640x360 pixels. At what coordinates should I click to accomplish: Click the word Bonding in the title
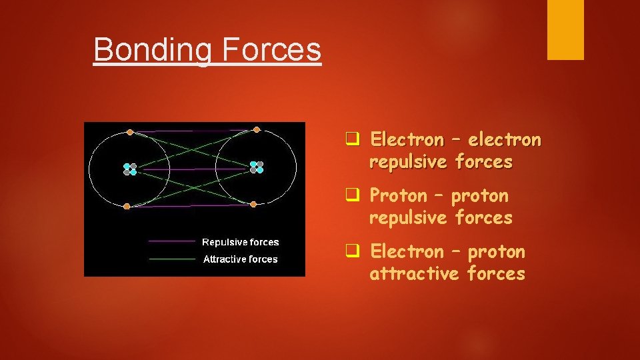point(150,50)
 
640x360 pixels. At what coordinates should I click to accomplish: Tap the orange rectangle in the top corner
point(565,29)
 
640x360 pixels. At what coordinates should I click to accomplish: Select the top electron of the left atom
point(130,132)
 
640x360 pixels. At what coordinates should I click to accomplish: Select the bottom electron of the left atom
point(127,206)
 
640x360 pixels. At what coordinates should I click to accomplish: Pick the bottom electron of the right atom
point(253,204)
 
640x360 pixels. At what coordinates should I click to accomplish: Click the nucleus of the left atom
point(130,169)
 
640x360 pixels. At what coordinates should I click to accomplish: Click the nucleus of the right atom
point(257,167)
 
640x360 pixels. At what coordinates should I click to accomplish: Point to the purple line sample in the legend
point(172,241)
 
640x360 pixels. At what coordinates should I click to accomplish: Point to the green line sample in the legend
point(172,259)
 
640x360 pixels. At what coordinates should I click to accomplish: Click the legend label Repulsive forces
point(240,242)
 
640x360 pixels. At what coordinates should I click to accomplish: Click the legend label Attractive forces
point(240,259)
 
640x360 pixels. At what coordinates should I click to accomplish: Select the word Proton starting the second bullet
point(398,196)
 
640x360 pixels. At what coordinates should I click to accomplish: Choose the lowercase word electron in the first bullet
point(505,140)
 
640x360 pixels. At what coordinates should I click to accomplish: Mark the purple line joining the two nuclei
point(193,169)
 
